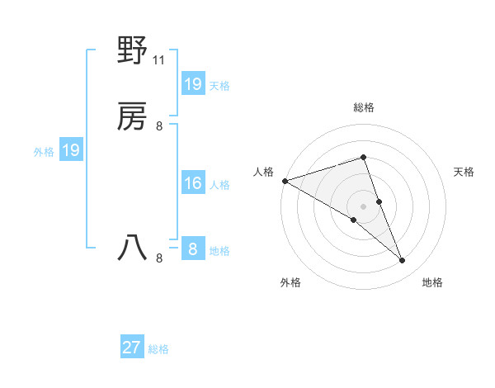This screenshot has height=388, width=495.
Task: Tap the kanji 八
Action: click(x=133, y=248)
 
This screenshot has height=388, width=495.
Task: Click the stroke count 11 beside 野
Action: click(x=159, y=59)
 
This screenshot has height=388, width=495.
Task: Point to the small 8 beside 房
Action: click(x=159, y=126)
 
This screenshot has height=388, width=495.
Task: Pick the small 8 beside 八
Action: click(x=159, y=258)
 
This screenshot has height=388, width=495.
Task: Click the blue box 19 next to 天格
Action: click(x=193, y=83)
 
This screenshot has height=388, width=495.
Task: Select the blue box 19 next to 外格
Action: click(x=70, y=150)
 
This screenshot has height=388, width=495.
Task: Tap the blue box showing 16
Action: click(x=193, y=183)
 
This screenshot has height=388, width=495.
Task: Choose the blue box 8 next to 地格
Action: click(x=193, y=248)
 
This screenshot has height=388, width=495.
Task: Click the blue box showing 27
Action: click(x=132, y=348)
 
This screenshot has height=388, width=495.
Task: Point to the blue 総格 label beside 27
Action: click(x=158, y=349)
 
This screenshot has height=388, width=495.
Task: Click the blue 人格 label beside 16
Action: click(x=220, y=185)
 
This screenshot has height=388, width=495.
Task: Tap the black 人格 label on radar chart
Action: click(x=263, y=172)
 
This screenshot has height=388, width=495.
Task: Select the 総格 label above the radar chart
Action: click(x=364, y=107)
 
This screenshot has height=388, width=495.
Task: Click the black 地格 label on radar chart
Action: click(x=432, y=282)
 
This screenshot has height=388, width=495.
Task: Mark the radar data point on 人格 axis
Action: click(x=285, y=181)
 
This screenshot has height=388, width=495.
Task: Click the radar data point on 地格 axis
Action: click(x=403, y=261)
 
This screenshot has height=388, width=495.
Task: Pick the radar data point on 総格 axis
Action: click(x=364, y=157)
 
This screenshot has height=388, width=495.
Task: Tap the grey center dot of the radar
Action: click(x=364, y=206)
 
